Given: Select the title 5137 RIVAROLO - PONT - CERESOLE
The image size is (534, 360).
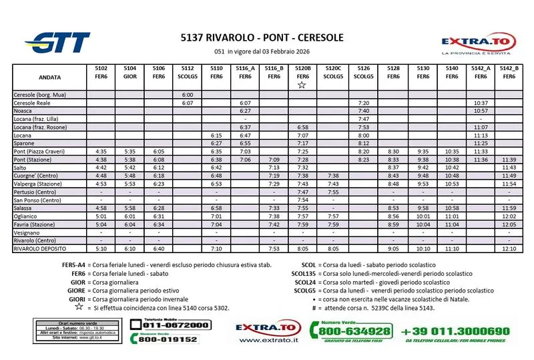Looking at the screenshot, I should tap(262, 37).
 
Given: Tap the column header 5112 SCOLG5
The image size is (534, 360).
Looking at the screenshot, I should tap(188, 72).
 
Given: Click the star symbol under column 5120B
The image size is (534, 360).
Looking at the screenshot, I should tap(302, 85).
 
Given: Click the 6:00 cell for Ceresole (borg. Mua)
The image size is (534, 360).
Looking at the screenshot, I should tap(188, 95).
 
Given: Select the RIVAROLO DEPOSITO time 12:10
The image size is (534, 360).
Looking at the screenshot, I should tap(509, 248).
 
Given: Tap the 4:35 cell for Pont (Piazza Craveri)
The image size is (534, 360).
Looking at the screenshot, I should tap(101, 152).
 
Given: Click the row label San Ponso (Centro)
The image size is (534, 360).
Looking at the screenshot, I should tap(37, 200).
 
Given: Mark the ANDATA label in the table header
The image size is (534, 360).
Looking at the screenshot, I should tap(31, 77).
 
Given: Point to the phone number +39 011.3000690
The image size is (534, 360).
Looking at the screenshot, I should tap(455, 331).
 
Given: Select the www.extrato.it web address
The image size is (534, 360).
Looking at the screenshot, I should tap(268, 340).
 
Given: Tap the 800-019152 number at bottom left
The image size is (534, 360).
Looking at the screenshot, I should tap(168, 339).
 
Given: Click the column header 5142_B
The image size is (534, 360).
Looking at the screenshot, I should tap(509, 68).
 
